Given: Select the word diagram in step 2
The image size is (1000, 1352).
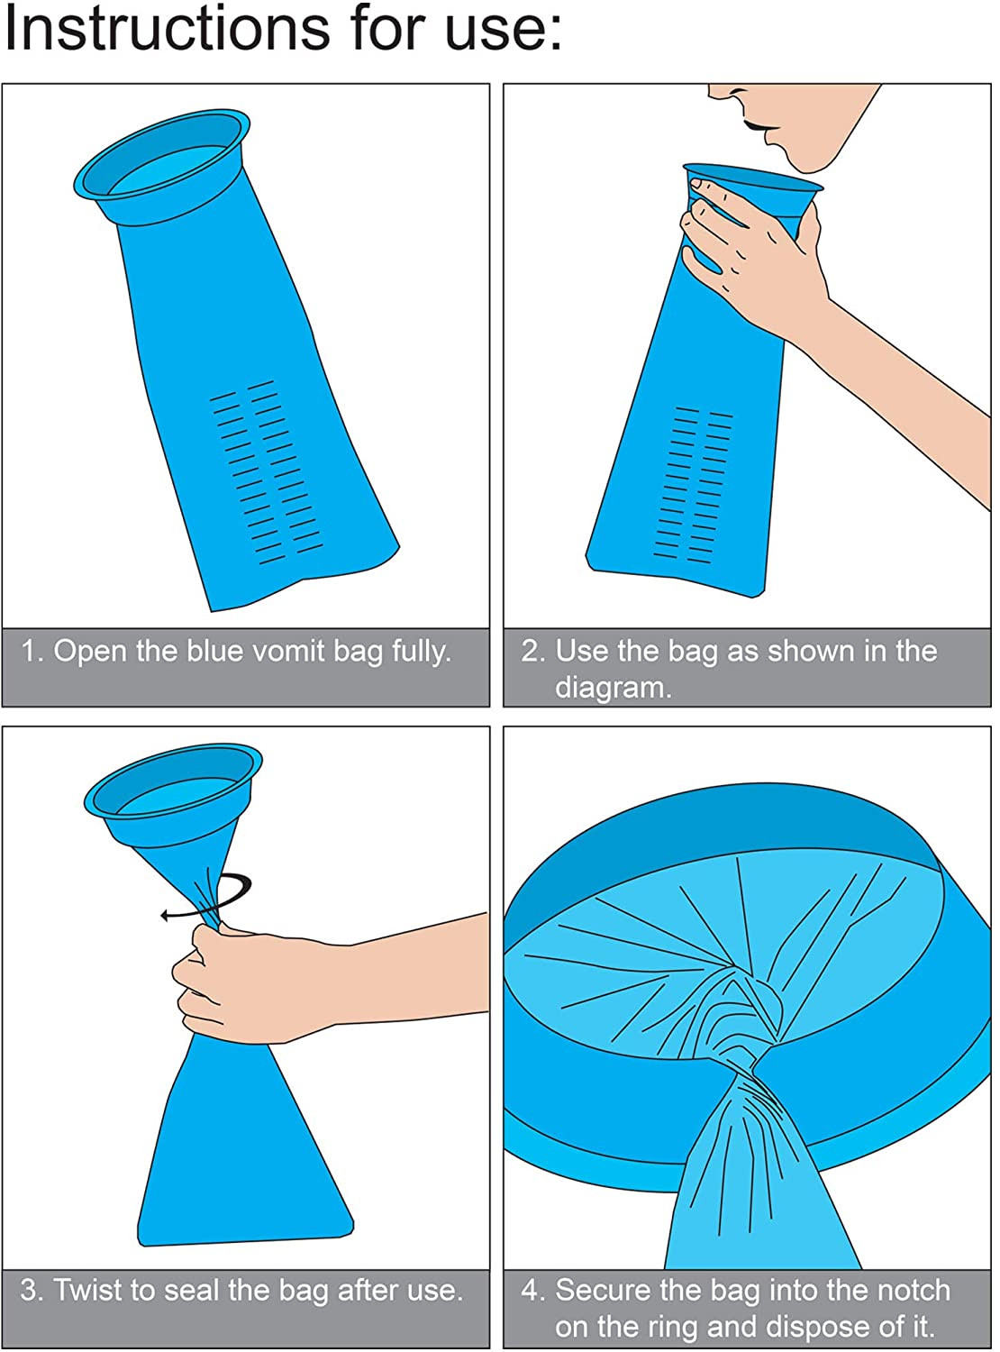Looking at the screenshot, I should tap(613, 688).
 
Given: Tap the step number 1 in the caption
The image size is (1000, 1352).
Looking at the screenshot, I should tap(31, 651).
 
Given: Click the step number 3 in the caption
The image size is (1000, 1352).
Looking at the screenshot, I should tap(30, 1291).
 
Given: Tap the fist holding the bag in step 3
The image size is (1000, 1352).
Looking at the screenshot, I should tap(225, 982).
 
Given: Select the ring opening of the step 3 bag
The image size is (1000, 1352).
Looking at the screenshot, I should tap(173, 789).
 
